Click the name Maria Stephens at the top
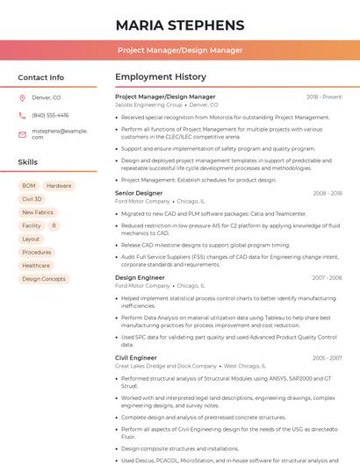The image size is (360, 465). pyautogui.click(x=180, y=25)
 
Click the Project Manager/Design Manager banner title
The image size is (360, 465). pyautogui.click(x=180, y=51)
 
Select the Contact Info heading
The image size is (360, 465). pyautogui.click(x=41, y=77)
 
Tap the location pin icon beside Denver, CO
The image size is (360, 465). pyautogui.click(x=23, y=98)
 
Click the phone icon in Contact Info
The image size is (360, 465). pyautogui.click(x=23, y=115)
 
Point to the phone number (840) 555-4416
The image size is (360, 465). pyautogui.click(x=50, y=115)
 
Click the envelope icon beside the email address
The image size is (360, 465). pyautogui.click(x=23, y=133)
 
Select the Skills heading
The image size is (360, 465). pyautogui.click(x=28, y=162)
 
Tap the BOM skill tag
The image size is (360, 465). pyautogui.click(x=29, y=186)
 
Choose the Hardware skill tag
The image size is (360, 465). pyautogui.click(x=59, y=186)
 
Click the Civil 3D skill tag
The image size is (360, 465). pyautogui.click(x=32, y=199)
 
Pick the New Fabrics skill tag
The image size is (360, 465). pyautogui.click(x=38, y=212)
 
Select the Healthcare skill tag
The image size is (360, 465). pyautogui.click(x=36, y=265)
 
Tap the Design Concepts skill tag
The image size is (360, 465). pyautogui.click(x=44, y=279)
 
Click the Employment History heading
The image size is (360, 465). pyautogui.click(x=161, y=77)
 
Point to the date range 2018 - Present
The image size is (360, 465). pyautogui.click(x=324, y=97)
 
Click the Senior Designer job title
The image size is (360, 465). pyautogui.click(x=139, y=193)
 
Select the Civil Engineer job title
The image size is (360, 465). pyautogui.click(x=136, y=358)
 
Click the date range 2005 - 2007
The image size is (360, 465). pyautogui.click(x=327, y=358)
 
